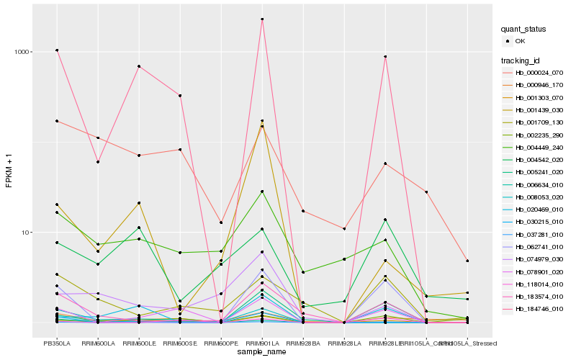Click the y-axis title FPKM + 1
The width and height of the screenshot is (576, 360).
(x=9, y=171)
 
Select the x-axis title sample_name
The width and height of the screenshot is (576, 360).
(x=262, y=352)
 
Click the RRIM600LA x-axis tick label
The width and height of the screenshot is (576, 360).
(x=98, y=343)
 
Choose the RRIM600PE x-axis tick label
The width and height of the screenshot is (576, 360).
(x=221, y=343)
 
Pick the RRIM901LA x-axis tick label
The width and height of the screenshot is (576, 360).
(x=262, y=343)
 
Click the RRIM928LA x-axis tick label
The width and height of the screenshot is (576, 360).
(x=344, y=343)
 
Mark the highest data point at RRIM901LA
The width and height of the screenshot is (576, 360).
(x=262, y=19)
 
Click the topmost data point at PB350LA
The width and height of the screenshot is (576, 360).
(x=57, y=50)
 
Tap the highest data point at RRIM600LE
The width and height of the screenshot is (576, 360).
(x=139, y=66)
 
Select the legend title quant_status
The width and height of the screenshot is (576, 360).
(x=523, y=30)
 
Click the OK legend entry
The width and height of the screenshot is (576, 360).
(x=521, y=41)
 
